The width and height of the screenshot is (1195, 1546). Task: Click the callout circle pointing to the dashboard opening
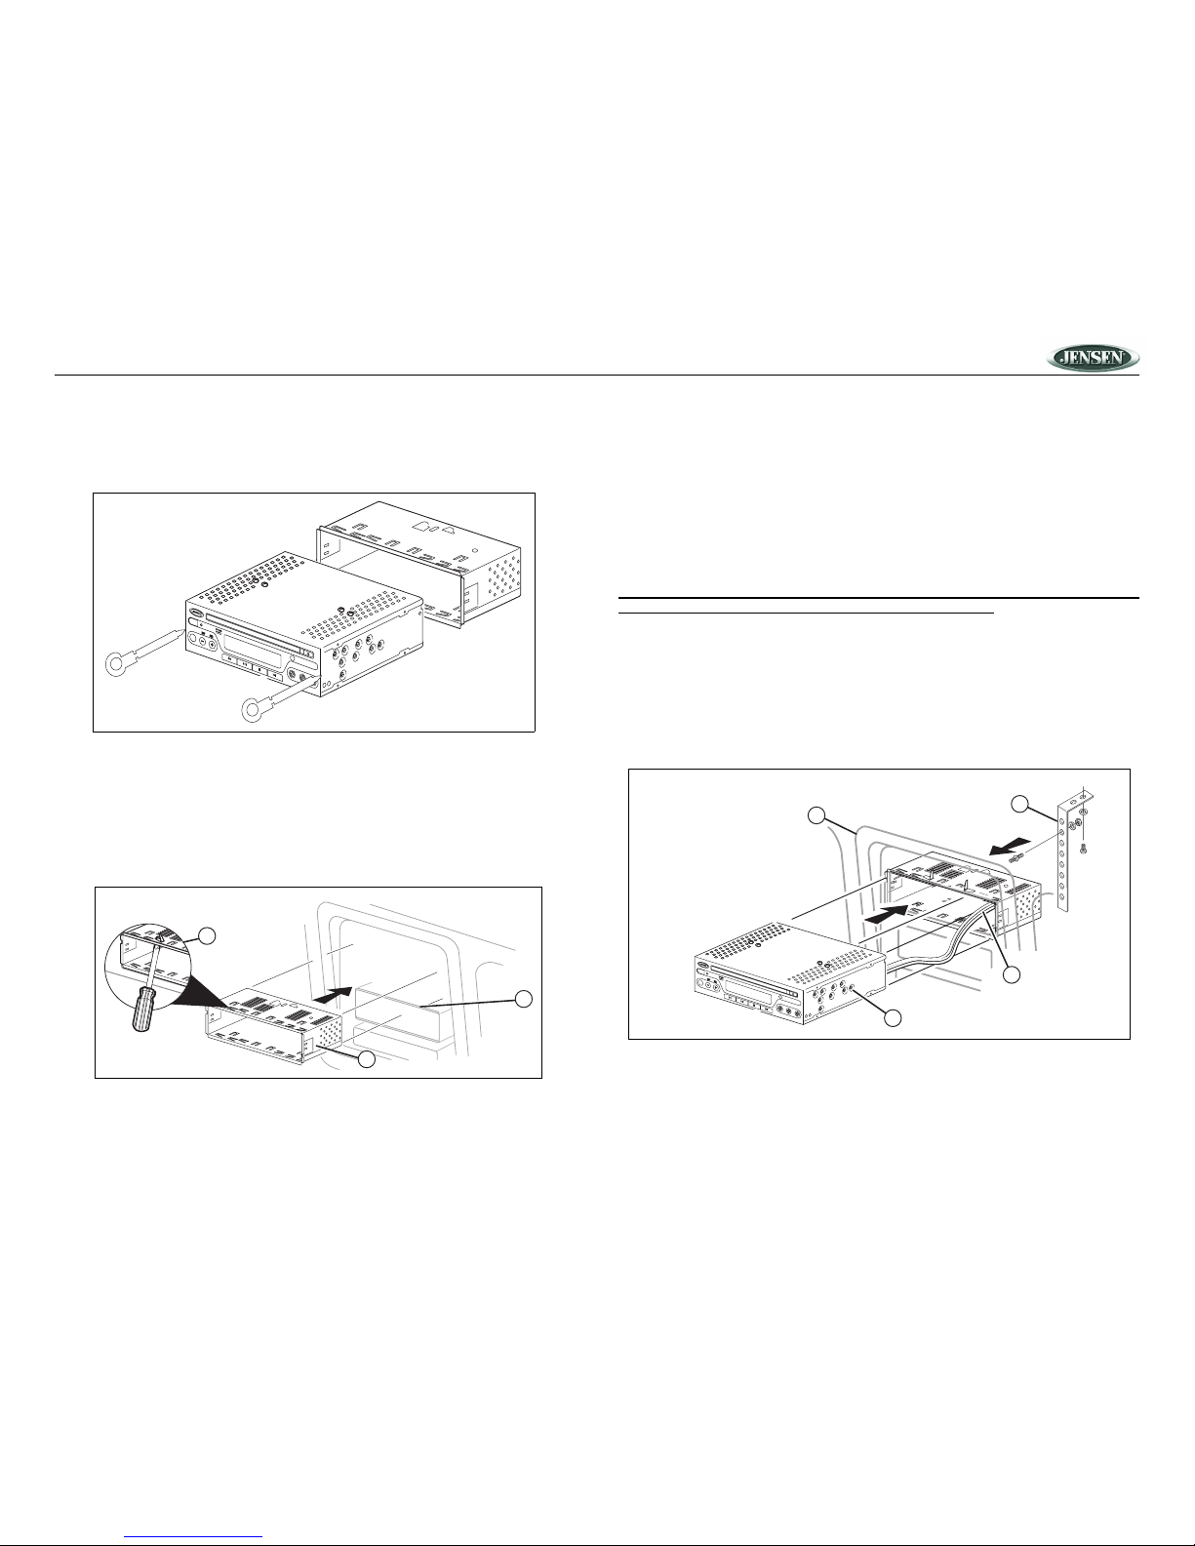tap(524, 999)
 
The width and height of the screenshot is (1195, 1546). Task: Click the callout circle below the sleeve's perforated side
tap(367, 1059)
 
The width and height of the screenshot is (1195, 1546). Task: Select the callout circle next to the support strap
tap(1020, 805)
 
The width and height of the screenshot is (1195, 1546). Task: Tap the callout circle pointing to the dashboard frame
tap(817, 816)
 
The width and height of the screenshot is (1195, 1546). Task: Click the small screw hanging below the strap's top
tap(1084, 848)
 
